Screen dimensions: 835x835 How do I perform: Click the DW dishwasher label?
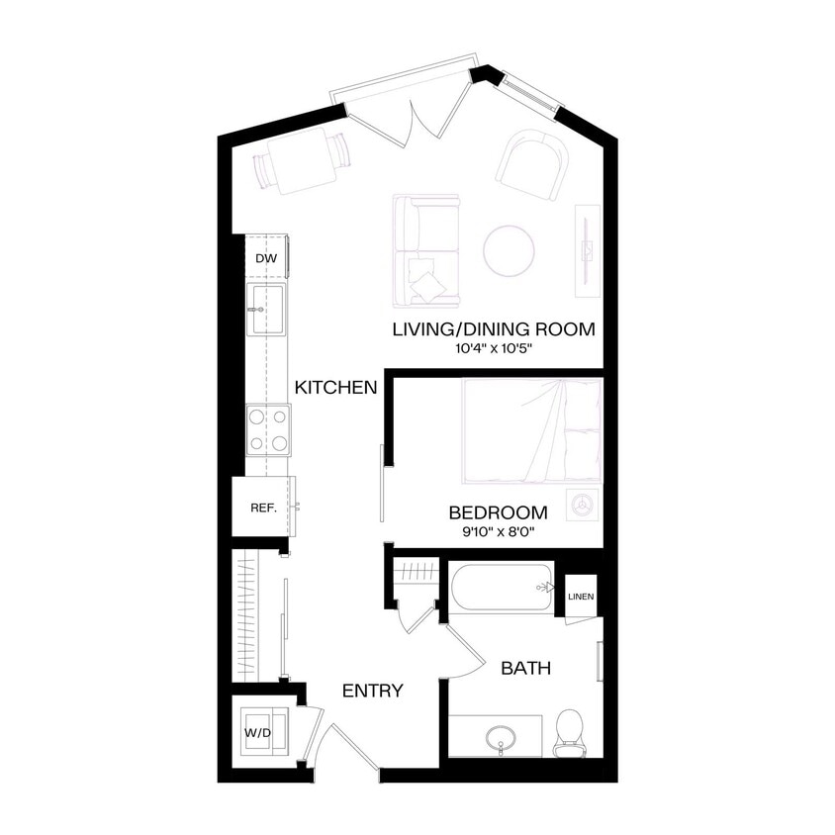(265, 259)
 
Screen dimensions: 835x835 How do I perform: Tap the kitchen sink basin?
(266, 309)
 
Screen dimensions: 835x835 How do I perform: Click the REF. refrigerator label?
(262, 508)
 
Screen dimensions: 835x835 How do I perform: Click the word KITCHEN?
(336, 387)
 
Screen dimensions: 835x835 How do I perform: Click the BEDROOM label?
(498, 512)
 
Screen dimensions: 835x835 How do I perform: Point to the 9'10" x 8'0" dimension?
(498, 531)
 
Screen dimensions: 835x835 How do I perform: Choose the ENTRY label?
(372, 691)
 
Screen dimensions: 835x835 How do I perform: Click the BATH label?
(525, 669)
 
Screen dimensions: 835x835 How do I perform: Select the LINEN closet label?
(581, 597)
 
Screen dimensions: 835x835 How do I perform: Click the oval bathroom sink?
(500, 738)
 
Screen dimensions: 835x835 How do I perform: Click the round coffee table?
(510, 249)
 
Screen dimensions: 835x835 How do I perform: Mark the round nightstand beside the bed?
(582, 504)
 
